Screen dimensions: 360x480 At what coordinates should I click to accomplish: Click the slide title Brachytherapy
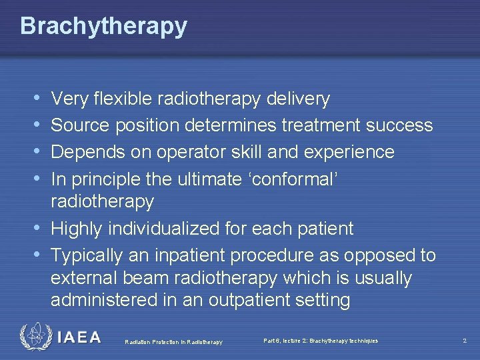point(103,27)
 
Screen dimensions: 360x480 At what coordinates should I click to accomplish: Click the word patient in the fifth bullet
point(323,229)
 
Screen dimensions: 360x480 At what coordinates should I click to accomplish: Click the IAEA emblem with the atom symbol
point(35,337)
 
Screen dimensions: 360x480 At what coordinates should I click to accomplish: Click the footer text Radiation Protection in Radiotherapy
point(173,342)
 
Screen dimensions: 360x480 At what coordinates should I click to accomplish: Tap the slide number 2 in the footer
point(465,341)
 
